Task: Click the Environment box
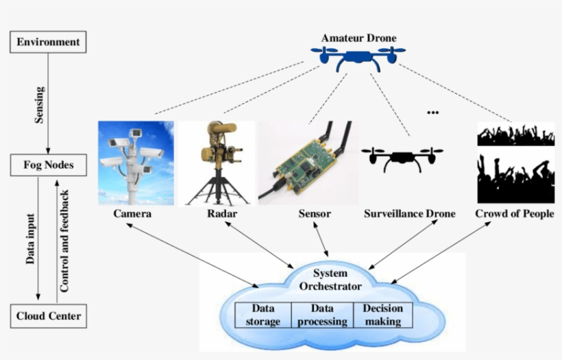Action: tap(48, 43)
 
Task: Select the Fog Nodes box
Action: tap(47, 165)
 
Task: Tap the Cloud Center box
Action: tap(48, 316)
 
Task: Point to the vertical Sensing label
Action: tap(39, 105)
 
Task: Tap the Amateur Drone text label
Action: tap(358, 38)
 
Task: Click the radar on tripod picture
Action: tap(216, 163)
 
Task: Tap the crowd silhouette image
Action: tap(515, 163)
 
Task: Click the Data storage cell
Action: tap(263, 315)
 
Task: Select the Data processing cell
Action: tap(322, 315)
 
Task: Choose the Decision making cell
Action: tap(382, 315)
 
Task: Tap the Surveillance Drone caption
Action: tap(409, 214)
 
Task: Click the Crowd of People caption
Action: tap(514, 214)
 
